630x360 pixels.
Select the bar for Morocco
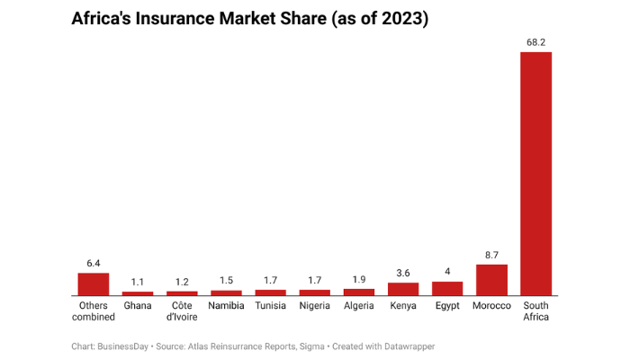(491, 280)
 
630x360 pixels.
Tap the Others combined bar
(93, 284)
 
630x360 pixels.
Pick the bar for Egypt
(447, 289)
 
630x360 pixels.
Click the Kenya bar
(403, 289)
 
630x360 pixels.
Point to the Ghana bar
(138, 293)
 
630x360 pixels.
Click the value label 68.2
(535, 41)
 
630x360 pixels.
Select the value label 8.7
(491, 255)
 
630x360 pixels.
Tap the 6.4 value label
(93, 263)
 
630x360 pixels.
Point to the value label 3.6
(403, 273)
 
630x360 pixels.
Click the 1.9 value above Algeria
(359, 279)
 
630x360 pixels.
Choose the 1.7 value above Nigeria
(315, 280)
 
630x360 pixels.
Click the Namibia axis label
(226, 306)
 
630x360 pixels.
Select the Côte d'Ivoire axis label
(182, 311)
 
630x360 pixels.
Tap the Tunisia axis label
(270, 306)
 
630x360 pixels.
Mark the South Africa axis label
(535, 311)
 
